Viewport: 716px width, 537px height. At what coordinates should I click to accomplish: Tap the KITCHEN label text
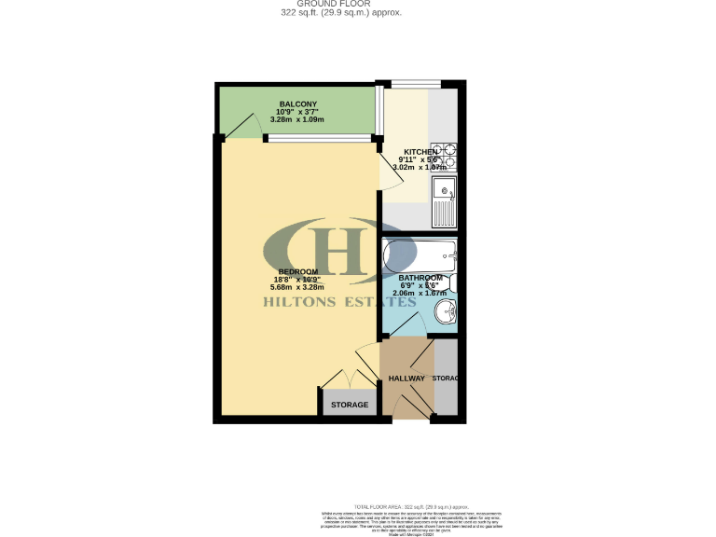tap(420, 152)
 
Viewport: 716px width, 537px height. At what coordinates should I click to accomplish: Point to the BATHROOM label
tap(420, 278)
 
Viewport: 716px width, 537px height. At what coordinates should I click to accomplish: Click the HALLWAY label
tap(406, 379)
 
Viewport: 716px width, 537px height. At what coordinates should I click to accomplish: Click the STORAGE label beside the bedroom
tap(350, 405)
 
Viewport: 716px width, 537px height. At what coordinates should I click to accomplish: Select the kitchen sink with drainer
tap(445, 201)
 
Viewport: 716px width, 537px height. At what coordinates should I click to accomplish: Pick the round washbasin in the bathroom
tap(445, 312)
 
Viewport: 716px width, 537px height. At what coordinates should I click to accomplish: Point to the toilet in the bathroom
tap(452, 282)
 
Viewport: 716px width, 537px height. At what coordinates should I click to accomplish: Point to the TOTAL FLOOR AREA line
tap(402, 503)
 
